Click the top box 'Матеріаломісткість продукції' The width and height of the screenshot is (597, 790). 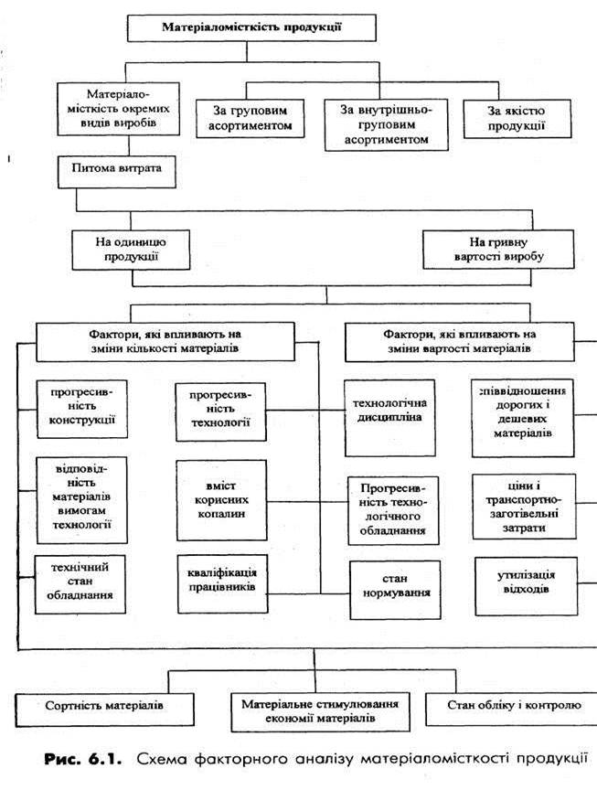251,27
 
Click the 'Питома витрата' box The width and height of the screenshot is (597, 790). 117,169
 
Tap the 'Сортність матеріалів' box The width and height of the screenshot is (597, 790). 105,706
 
